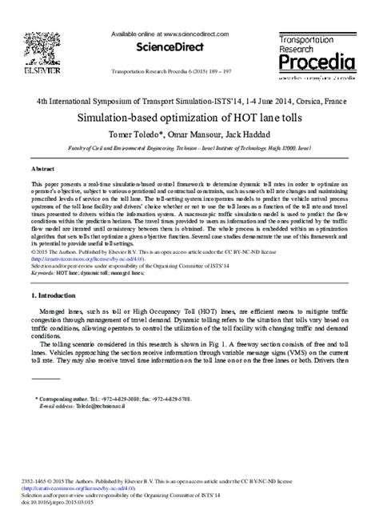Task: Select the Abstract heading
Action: pos(43,171)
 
